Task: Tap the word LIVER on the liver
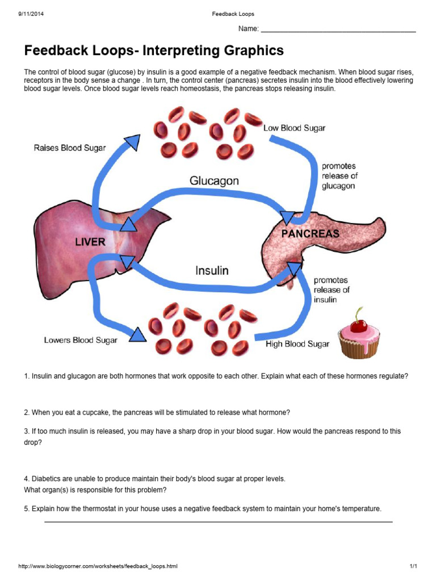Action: click(x=90, y=242)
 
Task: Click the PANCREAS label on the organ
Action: click(x=311, y=233)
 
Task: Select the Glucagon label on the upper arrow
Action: click(x=214, y=181)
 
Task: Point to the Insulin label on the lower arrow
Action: click(x=212, y=271)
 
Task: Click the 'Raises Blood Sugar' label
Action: click(x=70, y=148)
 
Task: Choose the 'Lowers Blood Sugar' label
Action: click(x=81, y=340)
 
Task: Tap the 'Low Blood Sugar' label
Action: click(x=294, y=128)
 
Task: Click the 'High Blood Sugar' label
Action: click(x=297, y=344)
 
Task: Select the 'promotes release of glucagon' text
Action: click(x=339, y=176)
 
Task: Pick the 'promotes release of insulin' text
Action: click(x=332, y=290)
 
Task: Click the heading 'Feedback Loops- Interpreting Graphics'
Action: click(x=153, y=51)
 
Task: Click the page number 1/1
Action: click(x=413, y=566)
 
